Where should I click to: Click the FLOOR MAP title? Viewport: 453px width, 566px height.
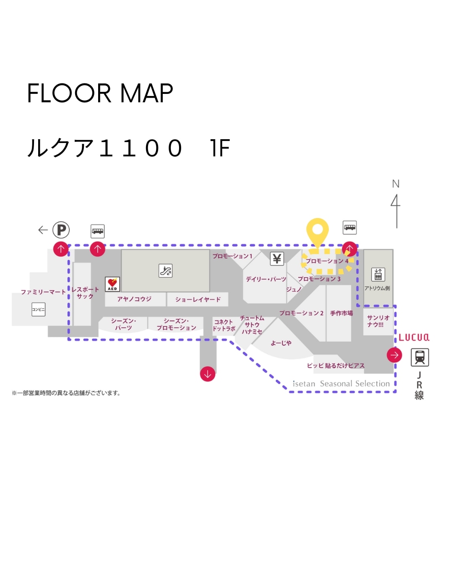point(100,93)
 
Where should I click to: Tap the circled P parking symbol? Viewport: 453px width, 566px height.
point(61,230)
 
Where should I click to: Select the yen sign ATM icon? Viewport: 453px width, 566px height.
point(277,259)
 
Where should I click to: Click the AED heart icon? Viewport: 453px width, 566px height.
point(112,283)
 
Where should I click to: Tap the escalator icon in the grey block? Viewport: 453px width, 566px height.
point(166,270)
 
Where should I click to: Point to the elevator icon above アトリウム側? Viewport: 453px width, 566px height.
point(378,275)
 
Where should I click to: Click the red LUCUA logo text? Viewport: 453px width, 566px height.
point(414,338)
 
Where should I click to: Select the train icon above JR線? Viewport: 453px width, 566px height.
point(419,358)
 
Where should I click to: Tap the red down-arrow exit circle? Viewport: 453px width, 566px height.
point(208,373)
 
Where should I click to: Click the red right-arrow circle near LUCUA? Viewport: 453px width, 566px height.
point(394,355)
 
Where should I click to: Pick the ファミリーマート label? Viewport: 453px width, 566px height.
point(43,292)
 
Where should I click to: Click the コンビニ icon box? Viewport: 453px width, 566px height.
point(38,309)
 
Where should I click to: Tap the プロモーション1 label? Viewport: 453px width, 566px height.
point(232,256)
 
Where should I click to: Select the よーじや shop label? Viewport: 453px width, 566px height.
point(281,343)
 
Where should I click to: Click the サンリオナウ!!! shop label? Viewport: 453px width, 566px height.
point(378,321)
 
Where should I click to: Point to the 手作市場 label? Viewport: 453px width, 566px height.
point(341,313)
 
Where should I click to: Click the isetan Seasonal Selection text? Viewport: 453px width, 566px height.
point(341,384)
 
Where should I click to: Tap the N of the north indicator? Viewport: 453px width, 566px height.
point(396,184)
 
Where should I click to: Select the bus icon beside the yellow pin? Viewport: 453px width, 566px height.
point(350,228)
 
